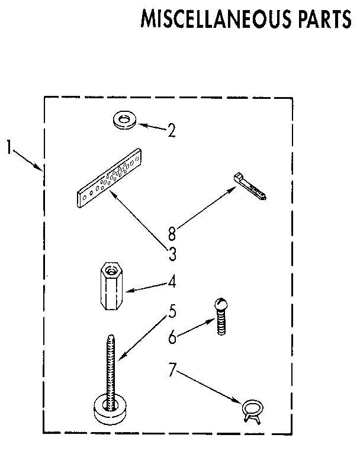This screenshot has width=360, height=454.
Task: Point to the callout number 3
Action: click(172, 255)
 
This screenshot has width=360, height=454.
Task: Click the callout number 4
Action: click(172, 283)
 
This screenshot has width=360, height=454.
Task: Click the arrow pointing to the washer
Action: click(152, 127)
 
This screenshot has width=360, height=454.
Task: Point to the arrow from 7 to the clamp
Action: click(210, 387)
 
